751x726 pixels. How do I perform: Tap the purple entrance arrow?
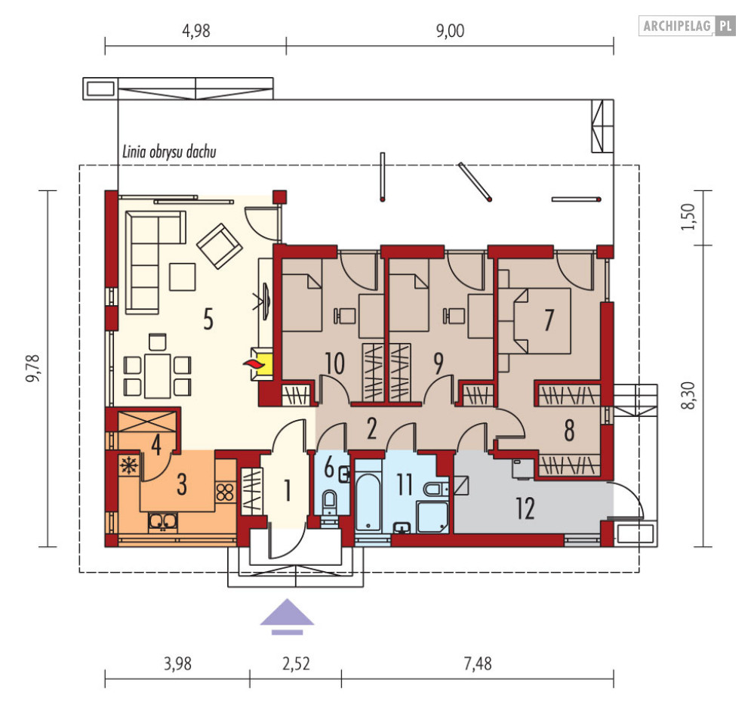coord(287,616)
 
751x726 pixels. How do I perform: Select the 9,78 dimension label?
coord(33,368)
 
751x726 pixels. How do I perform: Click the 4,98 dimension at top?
coord(196,31)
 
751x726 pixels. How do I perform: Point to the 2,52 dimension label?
coord(296,663)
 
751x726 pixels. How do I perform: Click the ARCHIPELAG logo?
coord(687,26)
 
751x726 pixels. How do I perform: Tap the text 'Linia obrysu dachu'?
coord(169,152)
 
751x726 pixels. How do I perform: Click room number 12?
coord(525,508)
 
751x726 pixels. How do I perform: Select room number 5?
coord(208,319)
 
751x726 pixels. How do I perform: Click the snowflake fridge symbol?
coord(128,465)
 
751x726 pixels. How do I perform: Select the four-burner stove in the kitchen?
coord(225,493)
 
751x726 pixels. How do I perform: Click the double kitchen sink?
coord(163,522)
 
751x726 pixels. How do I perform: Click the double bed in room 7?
coord(541,321)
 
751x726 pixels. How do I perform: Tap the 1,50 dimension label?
coord(688,217)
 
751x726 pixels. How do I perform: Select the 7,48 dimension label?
coord(478,663)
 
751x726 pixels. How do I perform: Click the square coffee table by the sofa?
coord(183,276)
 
